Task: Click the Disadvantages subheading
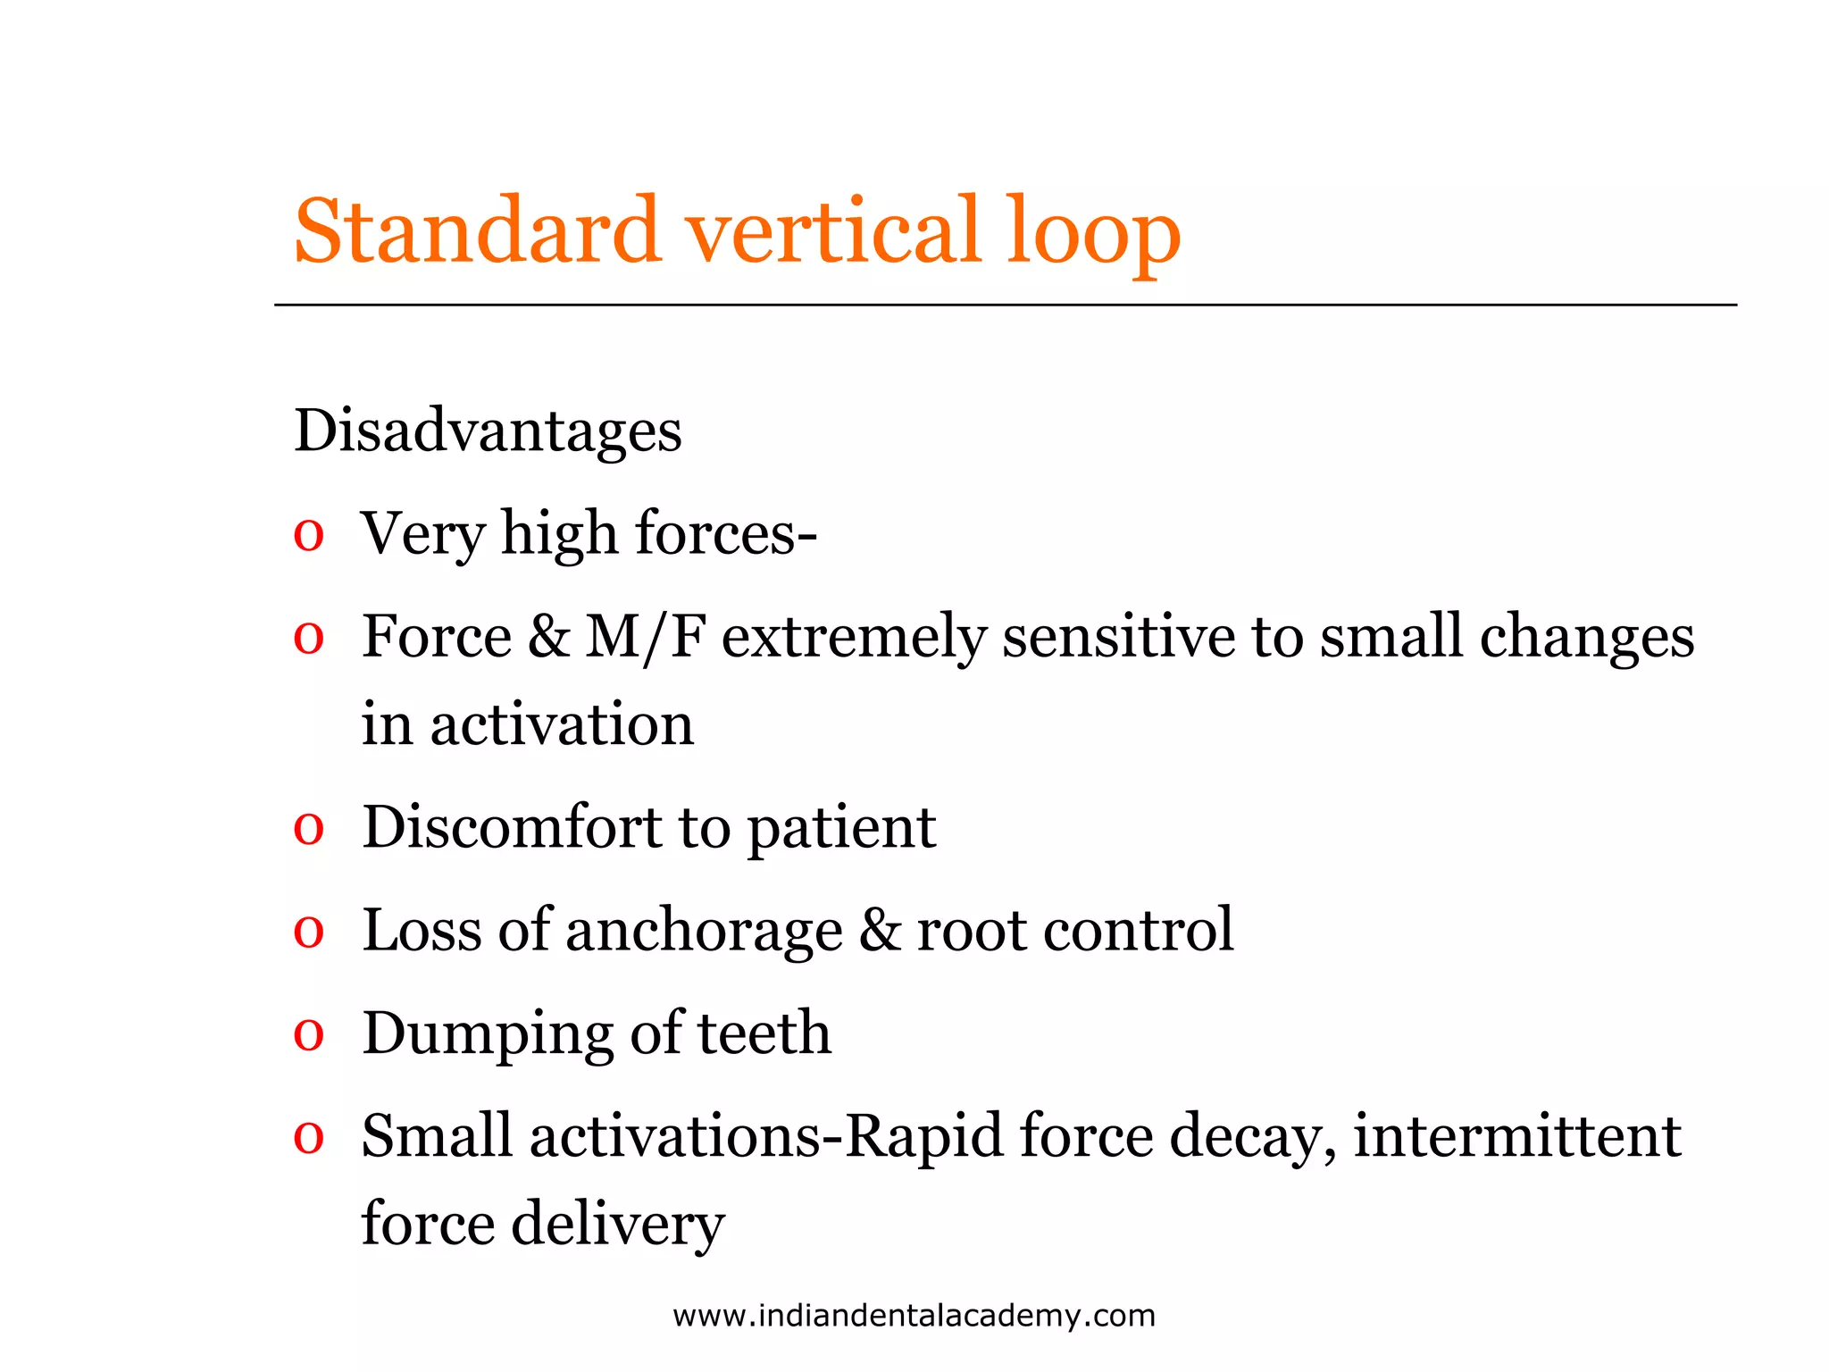pyautogui.click(x=488, y=431)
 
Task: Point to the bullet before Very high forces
pyautogui.click(x=308, y=536)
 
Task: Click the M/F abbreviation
pyautogui.click(x=645, y=637)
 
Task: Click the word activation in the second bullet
pyautogui.click(x=562, y=724)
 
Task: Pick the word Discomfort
pyautogui.click(x=512, y=827)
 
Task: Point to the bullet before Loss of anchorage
pyautogui.click(x=308, y=933)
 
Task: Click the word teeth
pyautogui.click(x=764, y=1033)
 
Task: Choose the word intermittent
pyautogui.click(x=1516, y=1136)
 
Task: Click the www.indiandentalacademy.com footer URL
pyautogui.click(x=914, y=1316)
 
